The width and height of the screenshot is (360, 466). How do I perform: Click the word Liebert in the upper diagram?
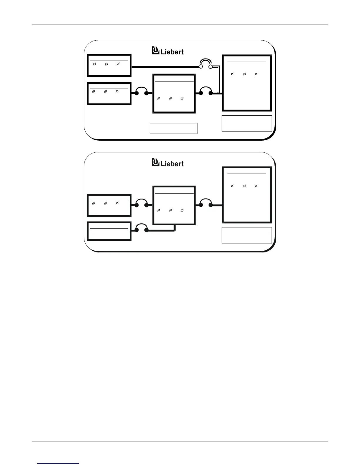pyautogui.click(x=172, y=52)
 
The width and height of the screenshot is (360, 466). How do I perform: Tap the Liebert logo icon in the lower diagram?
pyautogui.click(x=155, y=162)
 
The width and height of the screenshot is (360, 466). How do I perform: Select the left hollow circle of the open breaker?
pyautogui.click(x=201, y=67)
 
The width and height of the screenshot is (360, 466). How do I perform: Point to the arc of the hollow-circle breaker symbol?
pyautogui.click(x=206, y=61)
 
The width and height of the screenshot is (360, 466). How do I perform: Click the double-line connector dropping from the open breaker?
pyautogui.click(x=218, y=79)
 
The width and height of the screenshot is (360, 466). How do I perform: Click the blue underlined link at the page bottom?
pyautogui.click(x=59, y=463)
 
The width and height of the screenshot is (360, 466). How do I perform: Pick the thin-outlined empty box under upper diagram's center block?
pyautogui.click(x=174, y=129)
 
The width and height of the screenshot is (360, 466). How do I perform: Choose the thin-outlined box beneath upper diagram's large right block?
pyautogui.click(x=246, y=123)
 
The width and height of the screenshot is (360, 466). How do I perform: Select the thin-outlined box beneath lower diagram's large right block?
pyautogui.click(x=246, y=235)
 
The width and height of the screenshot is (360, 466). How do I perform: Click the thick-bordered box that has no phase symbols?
pyautogui.click(x=109, y=231)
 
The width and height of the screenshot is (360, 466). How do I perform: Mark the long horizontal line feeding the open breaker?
pyautogui.click(x=165, y=67)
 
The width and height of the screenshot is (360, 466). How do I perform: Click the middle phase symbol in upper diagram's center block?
pyautogui.click(x=171, y=98)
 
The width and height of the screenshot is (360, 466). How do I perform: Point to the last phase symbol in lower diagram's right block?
pyautogui.click(x=256, y=186)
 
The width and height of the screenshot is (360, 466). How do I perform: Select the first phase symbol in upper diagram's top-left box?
pyautogui.click(x=94, y=64)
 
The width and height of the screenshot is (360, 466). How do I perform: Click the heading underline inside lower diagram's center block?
pyautogui.click(x=174, y=193)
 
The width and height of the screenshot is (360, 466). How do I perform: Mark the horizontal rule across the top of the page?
pyautogui.click(x=180, y=24)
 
